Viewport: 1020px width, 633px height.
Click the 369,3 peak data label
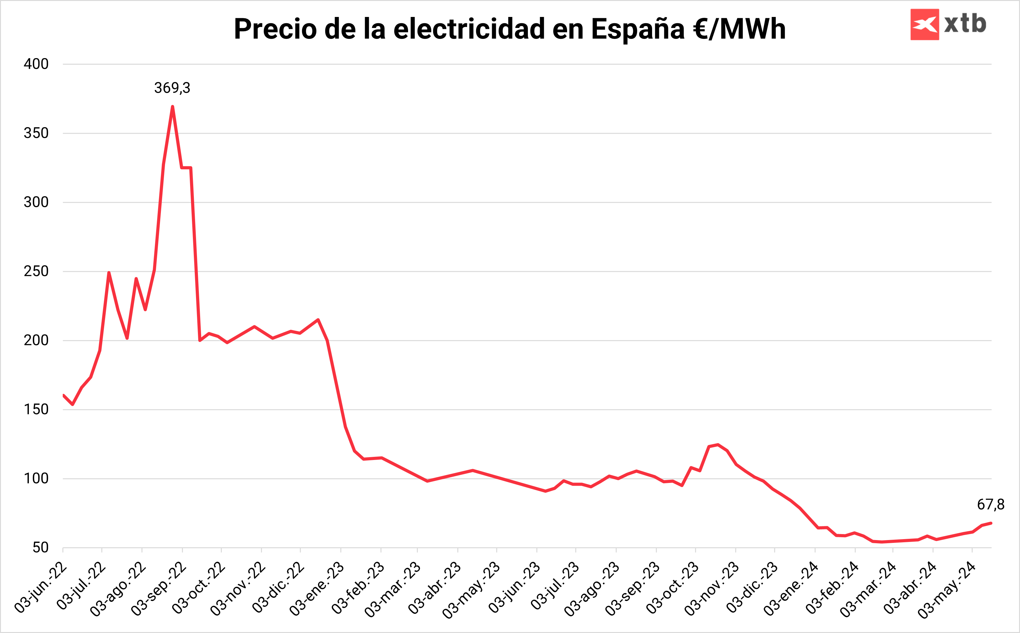pyautogui.click(x=172, y=88)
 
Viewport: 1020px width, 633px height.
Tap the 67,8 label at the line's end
pyautogui.click(x=990, y=505)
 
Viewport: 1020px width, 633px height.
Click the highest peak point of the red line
pyautogui.click(x=172, y=107)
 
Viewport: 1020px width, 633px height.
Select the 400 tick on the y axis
pyautogui.click(x=36, y=64)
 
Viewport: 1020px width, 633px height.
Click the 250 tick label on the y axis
pyautogui.click(x=36, y=271)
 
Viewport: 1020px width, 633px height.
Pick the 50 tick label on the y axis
pyautogui.click(x=40, y=548)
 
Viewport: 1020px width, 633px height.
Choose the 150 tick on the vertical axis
pyautogui.click(x=36, y=409)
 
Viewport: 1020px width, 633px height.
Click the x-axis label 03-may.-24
pyautogui.click(x=947, y=589)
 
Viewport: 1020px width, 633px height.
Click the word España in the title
pyautogui.click(x=638, y=29)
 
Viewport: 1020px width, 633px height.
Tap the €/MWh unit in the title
pyautogui.click(x=739, y=29)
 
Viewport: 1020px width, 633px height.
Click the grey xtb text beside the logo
pyautogui.click(x=965, y=24)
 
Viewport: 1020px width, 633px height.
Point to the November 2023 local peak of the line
pyautogui.click(x=718, y=445)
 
